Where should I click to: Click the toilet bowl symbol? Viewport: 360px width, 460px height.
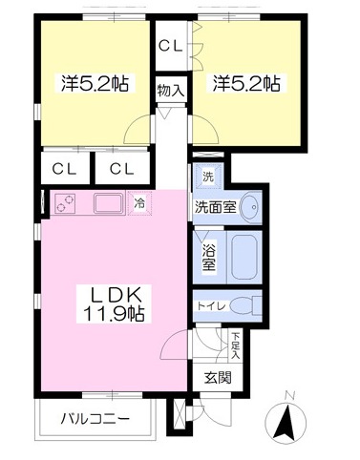pyautogui.click(x=244, y=305)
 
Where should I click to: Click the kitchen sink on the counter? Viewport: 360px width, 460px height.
pyautogui.click(x=107, y=203)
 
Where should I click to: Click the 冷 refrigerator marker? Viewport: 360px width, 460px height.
pyautogui.click(x=140, y=202)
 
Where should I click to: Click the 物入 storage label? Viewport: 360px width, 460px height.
pyautogui.click(x=170, y=91)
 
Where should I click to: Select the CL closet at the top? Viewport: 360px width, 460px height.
pyautogui.click(x=173, y=45)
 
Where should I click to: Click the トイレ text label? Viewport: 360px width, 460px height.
pyautogui.click(x=212, y=305)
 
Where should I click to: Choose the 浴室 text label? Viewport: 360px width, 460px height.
pyautogui.click(x=209, y=256)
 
